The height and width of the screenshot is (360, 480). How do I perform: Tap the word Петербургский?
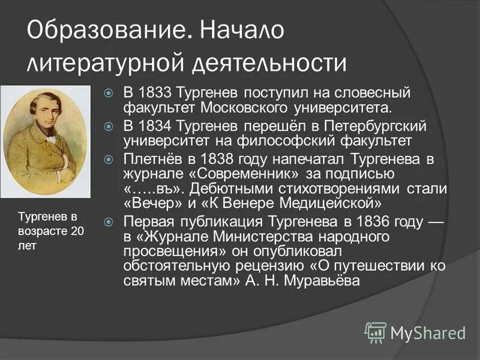pos(367,126)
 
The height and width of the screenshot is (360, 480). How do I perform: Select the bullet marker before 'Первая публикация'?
pos(108,223)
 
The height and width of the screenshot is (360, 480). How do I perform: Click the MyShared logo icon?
pos(376,331)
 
